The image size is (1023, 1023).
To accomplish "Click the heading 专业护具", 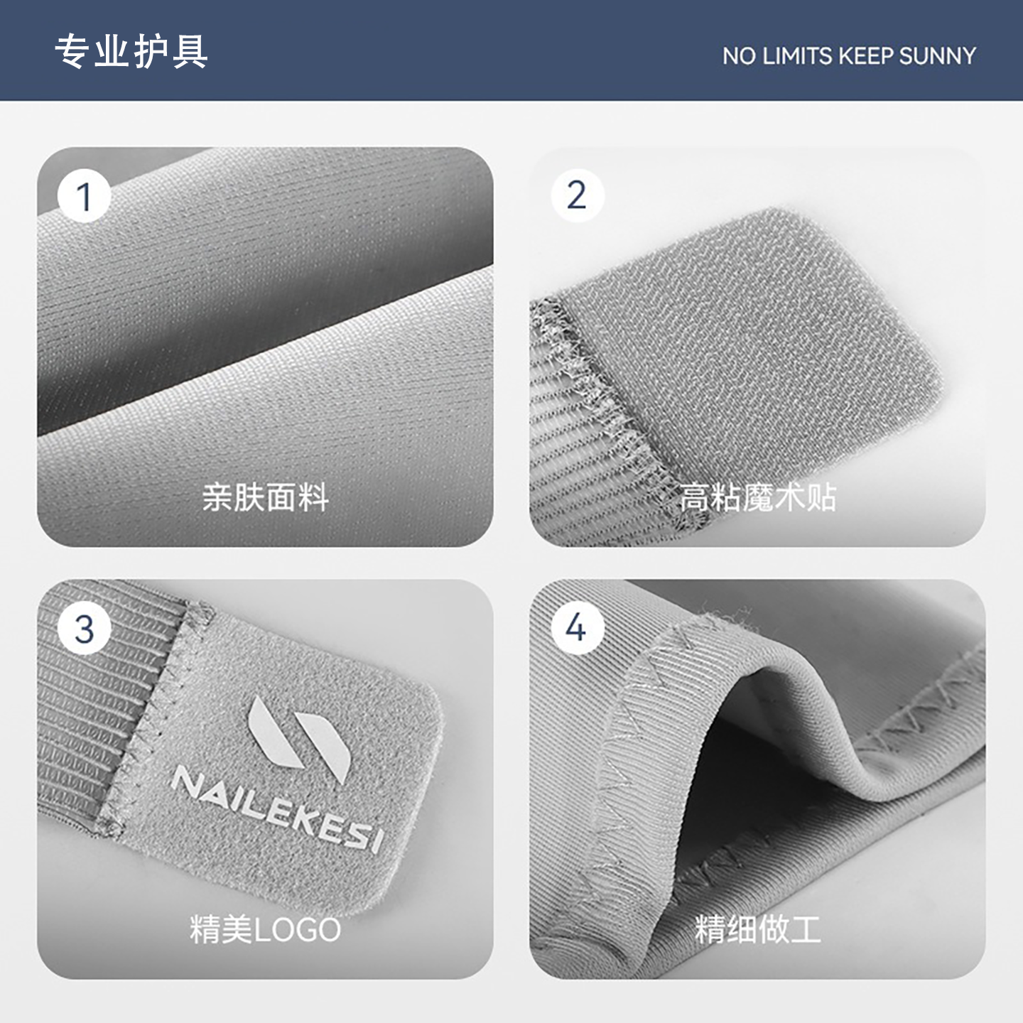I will click(x=131, y=51).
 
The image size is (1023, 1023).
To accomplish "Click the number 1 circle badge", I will click(x=85, y=197).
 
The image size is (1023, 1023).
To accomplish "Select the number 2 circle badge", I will click(x=577, y=195).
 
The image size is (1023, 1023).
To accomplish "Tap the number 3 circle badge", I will click(x=85, y=629).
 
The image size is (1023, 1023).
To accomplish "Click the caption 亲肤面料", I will click(x=265, y=497).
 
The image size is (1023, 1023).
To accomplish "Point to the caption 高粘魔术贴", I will click(x=757, y=497).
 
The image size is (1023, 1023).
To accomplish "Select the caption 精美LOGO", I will click(x=265, y=929).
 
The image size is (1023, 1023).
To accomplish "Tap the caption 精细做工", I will click(x=757, y=929).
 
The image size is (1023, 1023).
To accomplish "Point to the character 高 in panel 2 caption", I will click(x=695, y=497).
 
